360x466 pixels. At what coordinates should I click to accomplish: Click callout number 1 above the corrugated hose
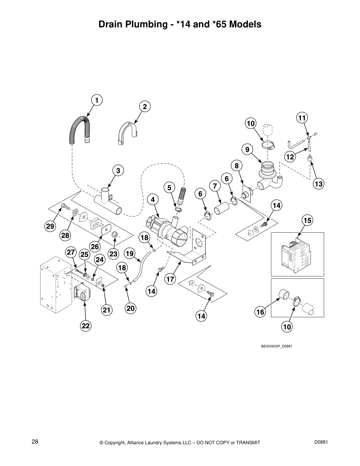96,100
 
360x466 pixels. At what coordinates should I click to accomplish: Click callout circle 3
118,170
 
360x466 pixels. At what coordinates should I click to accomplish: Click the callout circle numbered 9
247,150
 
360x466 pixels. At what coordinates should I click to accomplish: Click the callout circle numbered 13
318,184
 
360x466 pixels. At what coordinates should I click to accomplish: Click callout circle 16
260,312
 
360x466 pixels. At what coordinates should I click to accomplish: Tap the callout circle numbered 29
50,226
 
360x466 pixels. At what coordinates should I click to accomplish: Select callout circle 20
130,308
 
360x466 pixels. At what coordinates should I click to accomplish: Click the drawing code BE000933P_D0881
276,346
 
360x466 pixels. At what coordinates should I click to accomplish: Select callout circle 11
302,118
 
